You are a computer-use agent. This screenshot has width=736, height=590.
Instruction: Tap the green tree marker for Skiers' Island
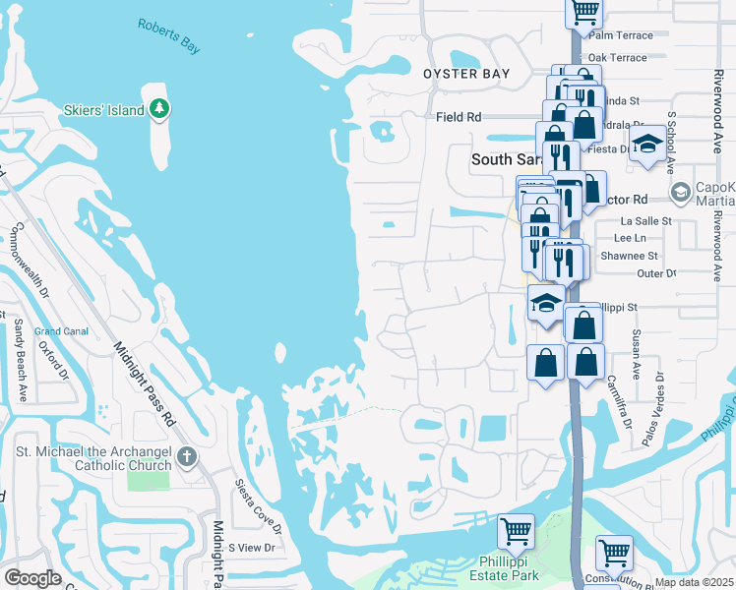pos(159,109)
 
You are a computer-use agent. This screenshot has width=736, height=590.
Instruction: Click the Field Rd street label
pos(459,117)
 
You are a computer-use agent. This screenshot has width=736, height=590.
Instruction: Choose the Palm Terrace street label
pos(621,35)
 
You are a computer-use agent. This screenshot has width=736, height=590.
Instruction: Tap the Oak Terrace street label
pos(617,58)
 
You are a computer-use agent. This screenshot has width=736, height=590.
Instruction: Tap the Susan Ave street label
pos(637,355)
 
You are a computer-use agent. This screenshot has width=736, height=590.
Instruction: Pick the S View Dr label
pos(255,547)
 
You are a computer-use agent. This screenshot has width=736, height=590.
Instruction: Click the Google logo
pos(32,578)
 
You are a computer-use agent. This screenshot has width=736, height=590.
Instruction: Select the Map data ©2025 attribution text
pos(693,582)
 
